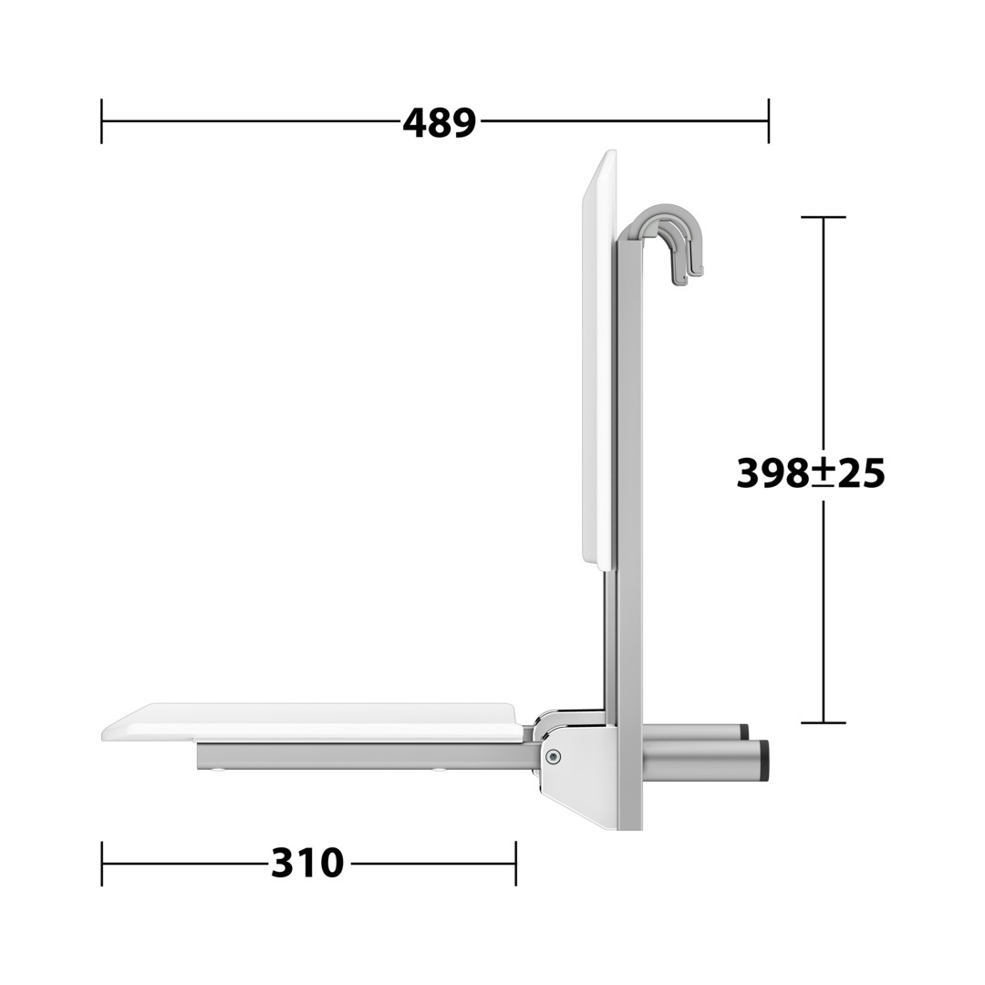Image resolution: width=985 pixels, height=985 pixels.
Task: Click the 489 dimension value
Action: click(439, 123)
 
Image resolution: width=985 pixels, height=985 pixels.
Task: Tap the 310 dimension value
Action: click(307, 863)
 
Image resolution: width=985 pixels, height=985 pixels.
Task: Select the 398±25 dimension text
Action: click(811, 473)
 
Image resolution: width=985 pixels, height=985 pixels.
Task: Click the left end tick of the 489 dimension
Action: click(102, 120)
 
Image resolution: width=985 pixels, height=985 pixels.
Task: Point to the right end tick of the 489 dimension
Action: click(768, 120)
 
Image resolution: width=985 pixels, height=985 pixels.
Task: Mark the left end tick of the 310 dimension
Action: click(102, 863)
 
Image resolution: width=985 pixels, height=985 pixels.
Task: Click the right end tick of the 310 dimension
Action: click(515, 863)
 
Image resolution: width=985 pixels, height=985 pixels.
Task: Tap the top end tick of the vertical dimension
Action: click(824, 217)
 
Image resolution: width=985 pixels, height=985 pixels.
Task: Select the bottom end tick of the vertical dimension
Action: click(824, 723)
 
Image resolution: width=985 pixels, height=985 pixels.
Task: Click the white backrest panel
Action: click(599, 360)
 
